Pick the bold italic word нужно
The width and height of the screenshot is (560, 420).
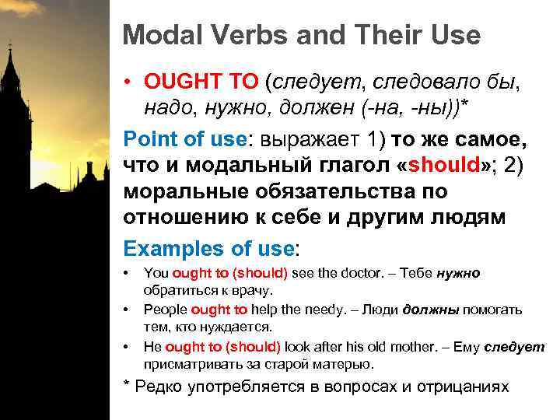(458, 273)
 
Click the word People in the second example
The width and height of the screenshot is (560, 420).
(166, 310)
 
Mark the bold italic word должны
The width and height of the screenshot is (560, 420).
(428, 310)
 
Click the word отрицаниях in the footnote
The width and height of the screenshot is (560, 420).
(466, 387)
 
